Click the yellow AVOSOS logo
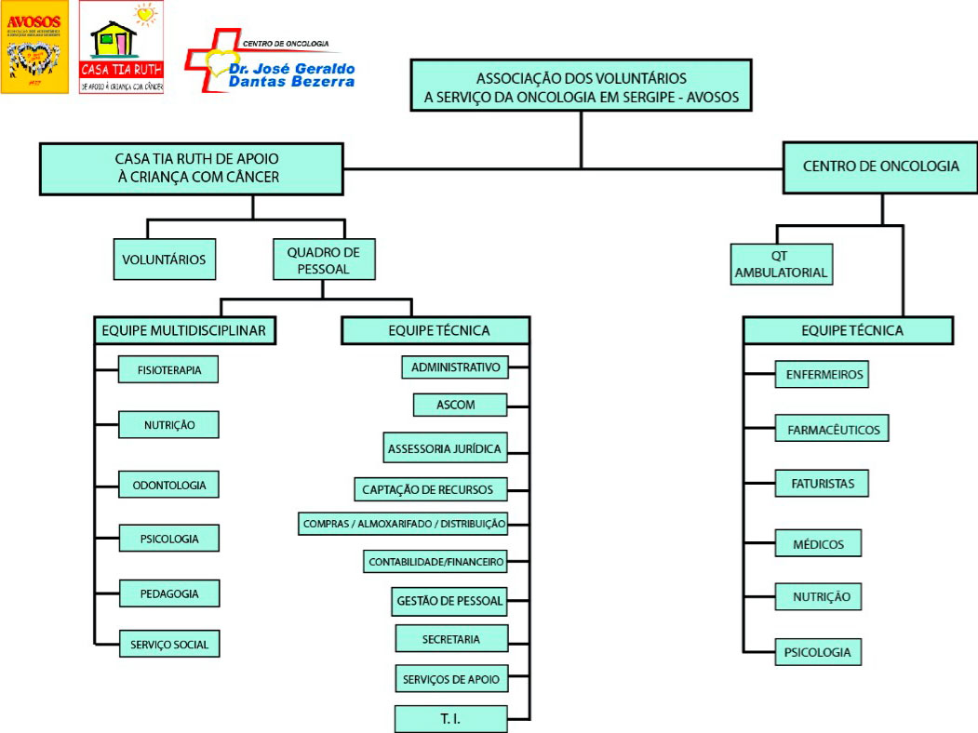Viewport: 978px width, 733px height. (x=34, y=47)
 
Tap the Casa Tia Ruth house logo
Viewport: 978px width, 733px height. (x=121, y=47)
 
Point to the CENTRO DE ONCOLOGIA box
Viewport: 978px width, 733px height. (x=880, y=167)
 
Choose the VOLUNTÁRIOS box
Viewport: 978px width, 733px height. (x=165, y=260)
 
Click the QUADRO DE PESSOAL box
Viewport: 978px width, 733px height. (x=324, y=260)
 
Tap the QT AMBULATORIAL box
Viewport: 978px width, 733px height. (x=781, y=264)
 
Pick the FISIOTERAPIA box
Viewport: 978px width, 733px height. (x=168, y=370)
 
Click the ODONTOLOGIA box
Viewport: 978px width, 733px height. (x=168, y=485)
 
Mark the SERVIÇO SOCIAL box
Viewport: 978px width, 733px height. (x=168, y=643)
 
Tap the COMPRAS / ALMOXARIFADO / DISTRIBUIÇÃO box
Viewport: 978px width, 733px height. (x=404, y=524)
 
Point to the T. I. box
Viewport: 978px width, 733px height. (x=450, y=719)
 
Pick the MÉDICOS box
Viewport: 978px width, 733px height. (x=818, y=543)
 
